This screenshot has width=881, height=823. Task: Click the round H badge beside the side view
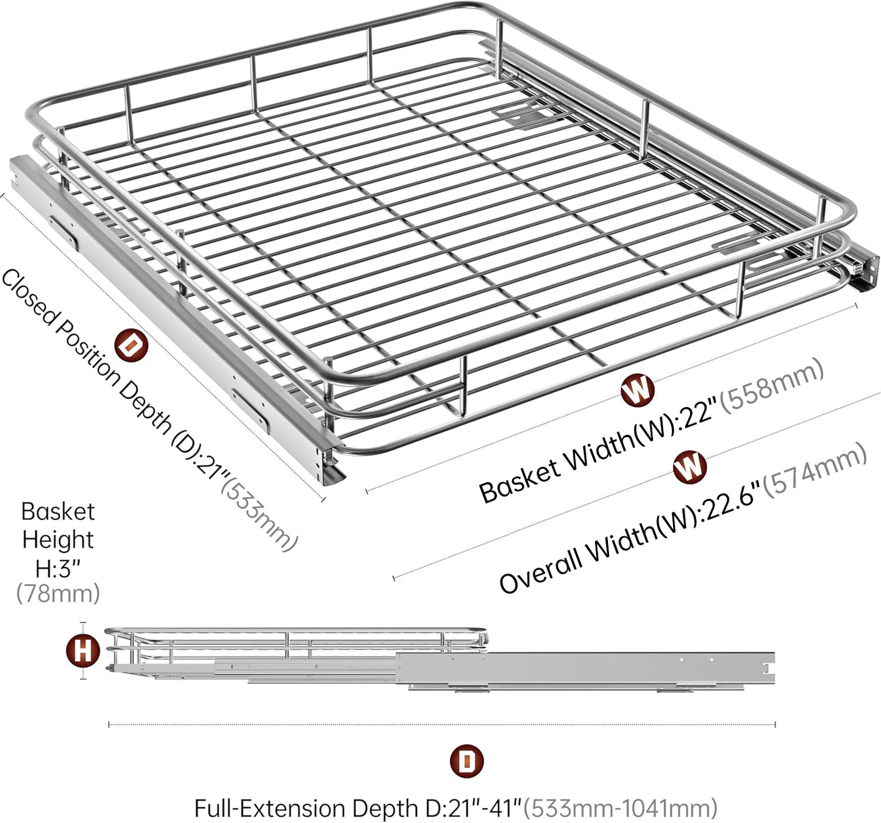click(x=83, y=651)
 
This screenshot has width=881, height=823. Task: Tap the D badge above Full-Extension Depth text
click(x=466, y=761)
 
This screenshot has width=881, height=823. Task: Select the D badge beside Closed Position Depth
click(x=131, y=344)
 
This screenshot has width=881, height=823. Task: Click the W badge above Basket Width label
click(x=638, y=390)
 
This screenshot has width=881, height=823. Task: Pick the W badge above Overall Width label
click(x=690, y=467)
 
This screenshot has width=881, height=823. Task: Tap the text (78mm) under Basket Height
click(x=58, y=594)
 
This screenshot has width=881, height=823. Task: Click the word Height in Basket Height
click(x=58, y=540)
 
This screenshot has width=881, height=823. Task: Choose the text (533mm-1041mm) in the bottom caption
click(x=620, y=808)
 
